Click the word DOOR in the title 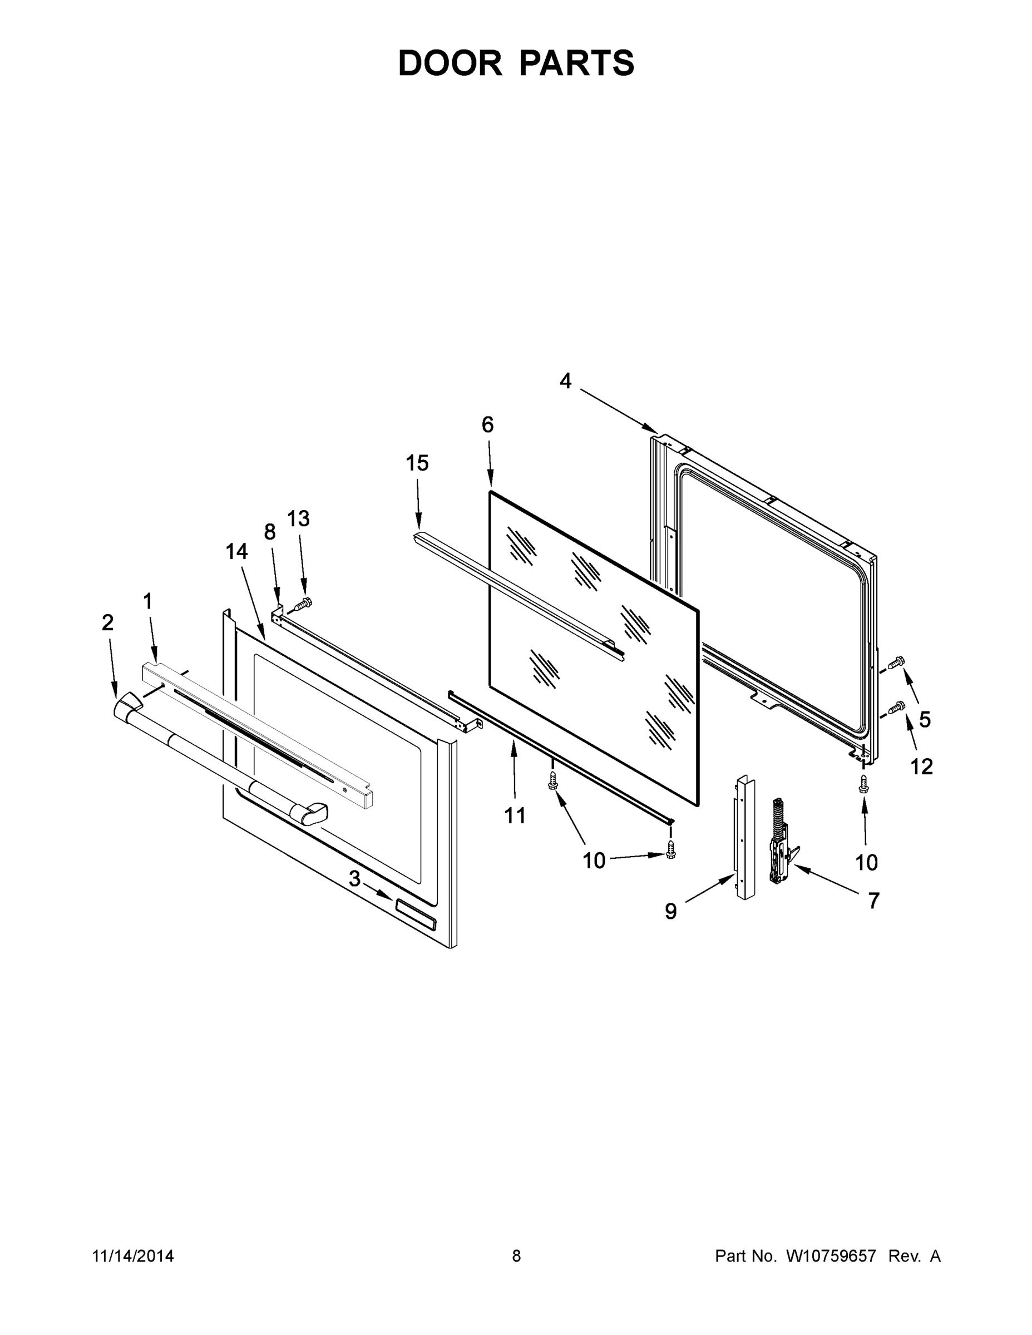(x=450, y=63)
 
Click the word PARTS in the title (x=577, y=63)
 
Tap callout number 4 (x=566, y=381)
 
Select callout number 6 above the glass (x=487, y=424)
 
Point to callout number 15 (x=418, y=463)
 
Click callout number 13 (x=298, y=518)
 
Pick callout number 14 (x=236, y=551)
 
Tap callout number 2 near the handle (x=107, y=623)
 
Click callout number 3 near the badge (x=354, y=879)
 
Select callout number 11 (x=515, y=815)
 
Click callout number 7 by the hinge (x=874, y=901)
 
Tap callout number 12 (x=922, y=766)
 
